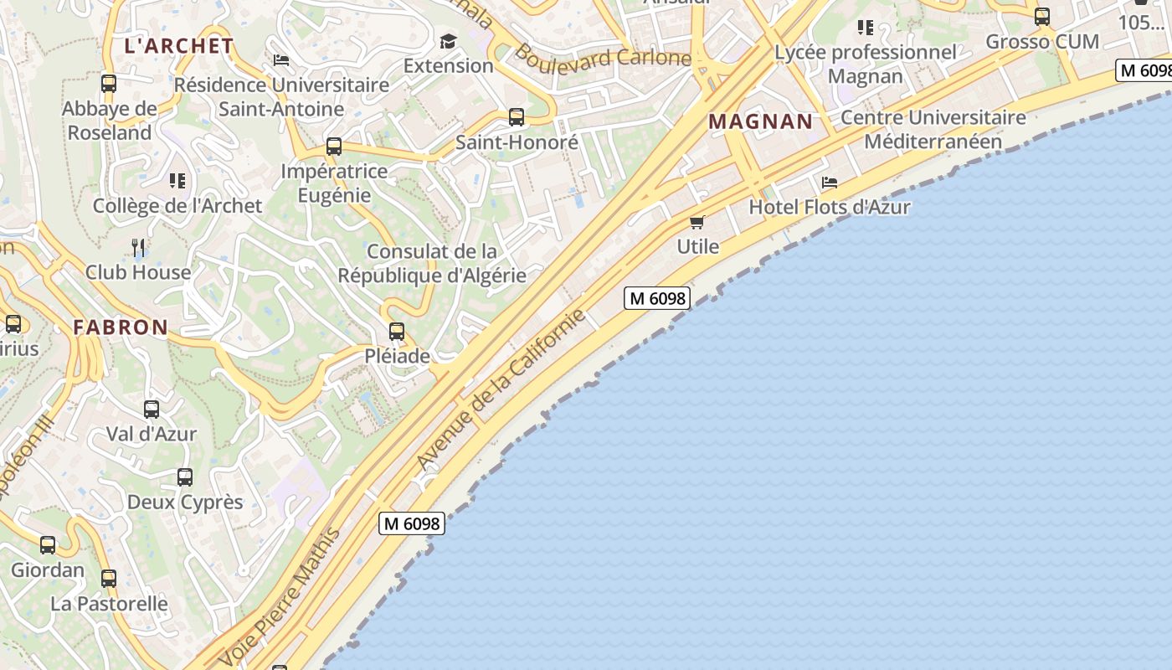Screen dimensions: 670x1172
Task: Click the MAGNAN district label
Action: tap(760, 121)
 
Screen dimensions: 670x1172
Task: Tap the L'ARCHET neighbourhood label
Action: tap(178, 46)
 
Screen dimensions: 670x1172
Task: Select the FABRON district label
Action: tap(121, 327)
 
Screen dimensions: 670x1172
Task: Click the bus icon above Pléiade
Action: tap(397, 332)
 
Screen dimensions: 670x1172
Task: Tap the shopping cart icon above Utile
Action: tap(697, 222)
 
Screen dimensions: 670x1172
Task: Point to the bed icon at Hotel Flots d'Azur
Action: tap(830, 182)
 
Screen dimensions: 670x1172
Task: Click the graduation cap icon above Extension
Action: tap(449, 41)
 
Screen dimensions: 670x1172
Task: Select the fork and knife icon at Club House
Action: tap(138, 247)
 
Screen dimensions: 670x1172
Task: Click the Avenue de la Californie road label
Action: tap(501, 389)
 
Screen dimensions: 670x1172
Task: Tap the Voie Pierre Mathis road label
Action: tap(280, 597)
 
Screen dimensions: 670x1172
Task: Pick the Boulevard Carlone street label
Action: tap(603, 56)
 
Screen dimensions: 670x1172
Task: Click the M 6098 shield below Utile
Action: tap(657, 298)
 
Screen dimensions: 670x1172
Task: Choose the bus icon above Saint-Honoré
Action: tap(517, 117)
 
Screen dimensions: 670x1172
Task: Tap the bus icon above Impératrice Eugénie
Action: tap(334, 147)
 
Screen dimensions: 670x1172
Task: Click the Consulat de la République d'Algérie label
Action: tap(432, 263)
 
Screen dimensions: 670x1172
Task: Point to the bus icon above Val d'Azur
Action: tap(152, 410)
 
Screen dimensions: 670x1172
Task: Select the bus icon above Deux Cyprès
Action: tap(185, 477)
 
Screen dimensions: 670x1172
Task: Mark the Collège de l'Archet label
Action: tap(177, 206)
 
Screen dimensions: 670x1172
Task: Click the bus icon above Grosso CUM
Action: tap(1042, 17)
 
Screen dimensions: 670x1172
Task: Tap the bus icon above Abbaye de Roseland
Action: tap(109, 84)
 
